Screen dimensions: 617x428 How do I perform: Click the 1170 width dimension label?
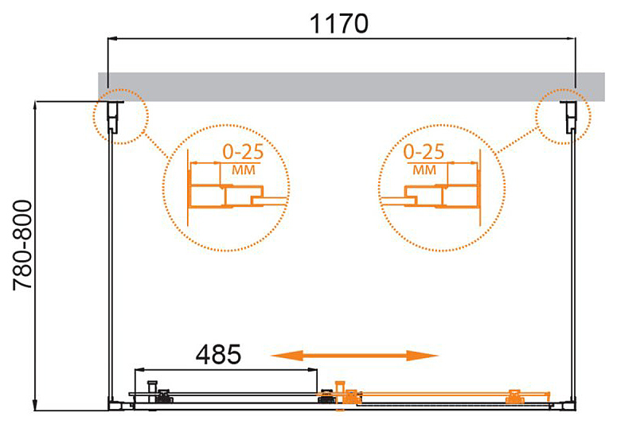339,24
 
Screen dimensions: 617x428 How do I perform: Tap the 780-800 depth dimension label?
22,246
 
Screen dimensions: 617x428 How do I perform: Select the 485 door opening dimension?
218,354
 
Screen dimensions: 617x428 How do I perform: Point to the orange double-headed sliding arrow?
354,356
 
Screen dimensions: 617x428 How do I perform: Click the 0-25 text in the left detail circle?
243,152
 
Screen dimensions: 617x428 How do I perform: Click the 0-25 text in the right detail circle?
424,152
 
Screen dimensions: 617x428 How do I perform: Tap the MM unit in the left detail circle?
244,170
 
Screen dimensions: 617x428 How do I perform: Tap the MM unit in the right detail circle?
424,170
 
